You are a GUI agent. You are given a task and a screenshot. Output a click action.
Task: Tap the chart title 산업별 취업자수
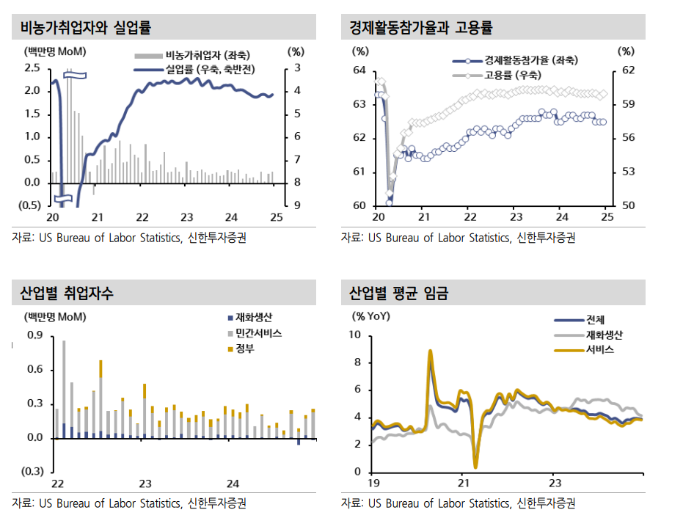click(67, 294)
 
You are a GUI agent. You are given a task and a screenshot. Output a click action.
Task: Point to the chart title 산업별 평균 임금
click(399, 294)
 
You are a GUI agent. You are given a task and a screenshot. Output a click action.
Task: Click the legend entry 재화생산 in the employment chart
click(254, 318)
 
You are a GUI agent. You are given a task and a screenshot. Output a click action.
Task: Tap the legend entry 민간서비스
click(258, 333)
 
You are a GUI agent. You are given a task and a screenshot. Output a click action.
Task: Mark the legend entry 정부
click(245, 349)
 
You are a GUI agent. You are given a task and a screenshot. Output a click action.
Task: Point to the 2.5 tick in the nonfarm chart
click(32, 68)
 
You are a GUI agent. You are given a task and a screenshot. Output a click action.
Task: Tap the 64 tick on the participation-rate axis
click(359, 70)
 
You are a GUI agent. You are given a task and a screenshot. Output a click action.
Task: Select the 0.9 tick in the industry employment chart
click(35, 335)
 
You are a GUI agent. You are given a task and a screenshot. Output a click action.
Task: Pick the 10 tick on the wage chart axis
click(356, 335)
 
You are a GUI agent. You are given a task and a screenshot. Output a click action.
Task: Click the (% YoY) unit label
click(373, 318)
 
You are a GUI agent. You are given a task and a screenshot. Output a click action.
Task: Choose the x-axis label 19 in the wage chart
click(373, 484)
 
